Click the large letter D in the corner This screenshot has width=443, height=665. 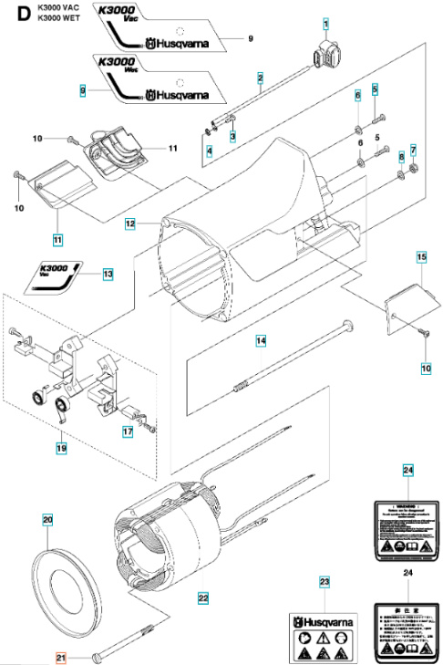tap(13, 13)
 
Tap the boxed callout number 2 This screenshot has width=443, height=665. tap(260, 78)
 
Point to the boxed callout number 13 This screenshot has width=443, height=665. tap(108, 273)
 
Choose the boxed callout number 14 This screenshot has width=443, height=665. tap(261, 340)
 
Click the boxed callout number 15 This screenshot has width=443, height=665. tap(421, 258)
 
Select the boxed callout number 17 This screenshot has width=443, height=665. tap(129, 431)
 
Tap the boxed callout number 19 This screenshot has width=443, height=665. tap(60, 448)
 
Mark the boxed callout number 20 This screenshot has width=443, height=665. tap(47, 520)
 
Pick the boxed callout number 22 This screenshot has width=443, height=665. tap(203, 597)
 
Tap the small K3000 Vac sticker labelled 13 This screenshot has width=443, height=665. tap(57, 274)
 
